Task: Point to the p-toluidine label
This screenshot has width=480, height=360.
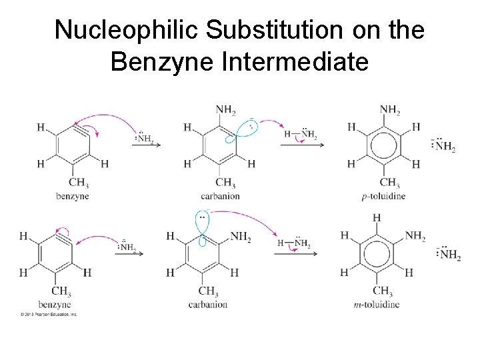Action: point(383,197)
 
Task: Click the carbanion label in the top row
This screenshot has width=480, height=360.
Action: point(220,197)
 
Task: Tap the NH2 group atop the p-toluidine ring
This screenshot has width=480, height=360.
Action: point(390,111)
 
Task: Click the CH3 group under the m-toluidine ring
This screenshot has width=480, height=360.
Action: point(383,292)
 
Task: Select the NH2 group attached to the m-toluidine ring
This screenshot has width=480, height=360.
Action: point(415,236)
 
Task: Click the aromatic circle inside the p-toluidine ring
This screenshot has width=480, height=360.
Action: point(382,145)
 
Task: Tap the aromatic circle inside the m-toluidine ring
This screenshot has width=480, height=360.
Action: point(377,254)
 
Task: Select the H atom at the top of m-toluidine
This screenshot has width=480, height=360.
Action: point(377,218)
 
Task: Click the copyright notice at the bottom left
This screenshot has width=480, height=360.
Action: point(48,314)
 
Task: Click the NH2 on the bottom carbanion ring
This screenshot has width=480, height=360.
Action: point(240,237)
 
